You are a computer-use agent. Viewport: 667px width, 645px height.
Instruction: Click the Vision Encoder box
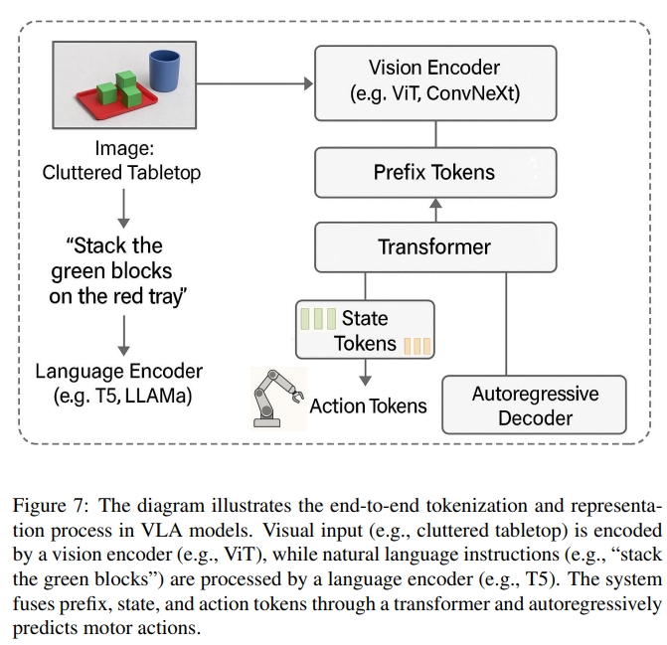[434, 81]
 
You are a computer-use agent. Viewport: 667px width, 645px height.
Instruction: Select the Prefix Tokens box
[434, 172]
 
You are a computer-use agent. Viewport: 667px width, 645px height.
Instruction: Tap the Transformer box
[434, 246]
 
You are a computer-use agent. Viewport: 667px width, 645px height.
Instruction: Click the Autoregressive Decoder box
[534, 404]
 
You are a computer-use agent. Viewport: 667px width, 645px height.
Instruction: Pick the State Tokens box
[365, 331]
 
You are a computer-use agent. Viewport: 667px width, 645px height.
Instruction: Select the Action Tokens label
[368, 405]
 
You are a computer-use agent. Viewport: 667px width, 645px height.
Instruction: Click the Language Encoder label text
[119, 384]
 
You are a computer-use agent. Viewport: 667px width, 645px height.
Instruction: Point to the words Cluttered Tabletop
[121, 173]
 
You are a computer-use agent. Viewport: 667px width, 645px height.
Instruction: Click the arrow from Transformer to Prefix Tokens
[434, 209]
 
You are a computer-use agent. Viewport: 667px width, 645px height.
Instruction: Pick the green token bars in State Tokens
[317, 320]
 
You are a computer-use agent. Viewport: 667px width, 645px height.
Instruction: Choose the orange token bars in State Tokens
[416, 346]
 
